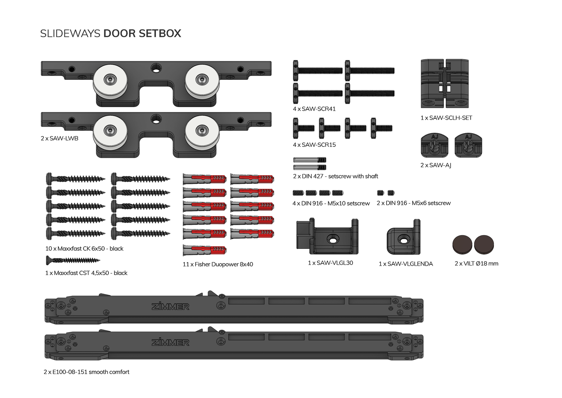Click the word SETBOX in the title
[x=159, y=33]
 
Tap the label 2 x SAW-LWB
[x=60, y=138]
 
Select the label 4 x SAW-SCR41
[x=314, y=109]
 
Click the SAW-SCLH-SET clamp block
[x=445, y=84]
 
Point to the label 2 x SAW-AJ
[x=436, y=165]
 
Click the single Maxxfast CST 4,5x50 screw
[x=73, y=260]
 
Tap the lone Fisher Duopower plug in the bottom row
[x=205, y=250]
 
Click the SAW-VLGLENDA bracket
[x=403, y=238]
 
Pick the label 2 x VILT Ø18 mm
[x=476, y=264]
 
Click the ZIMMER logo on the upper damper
[x=170, y=307]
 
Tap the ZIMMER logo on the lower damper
[x=170, y=343]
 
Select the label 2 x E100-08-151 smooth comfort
[x=86, y=372]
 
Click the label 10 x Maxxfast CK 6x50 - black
[x=84, y=248]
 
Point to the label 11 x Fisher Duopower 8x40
[x=218, y=264]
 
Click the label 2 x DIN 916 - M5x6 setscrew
[x=413, y=203]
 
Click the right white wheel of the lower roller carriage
[x=202, y=130]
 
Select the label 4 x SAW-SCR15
[x=314, y=145]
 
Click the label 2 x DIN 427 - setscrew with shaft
[x=335, y=176]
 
